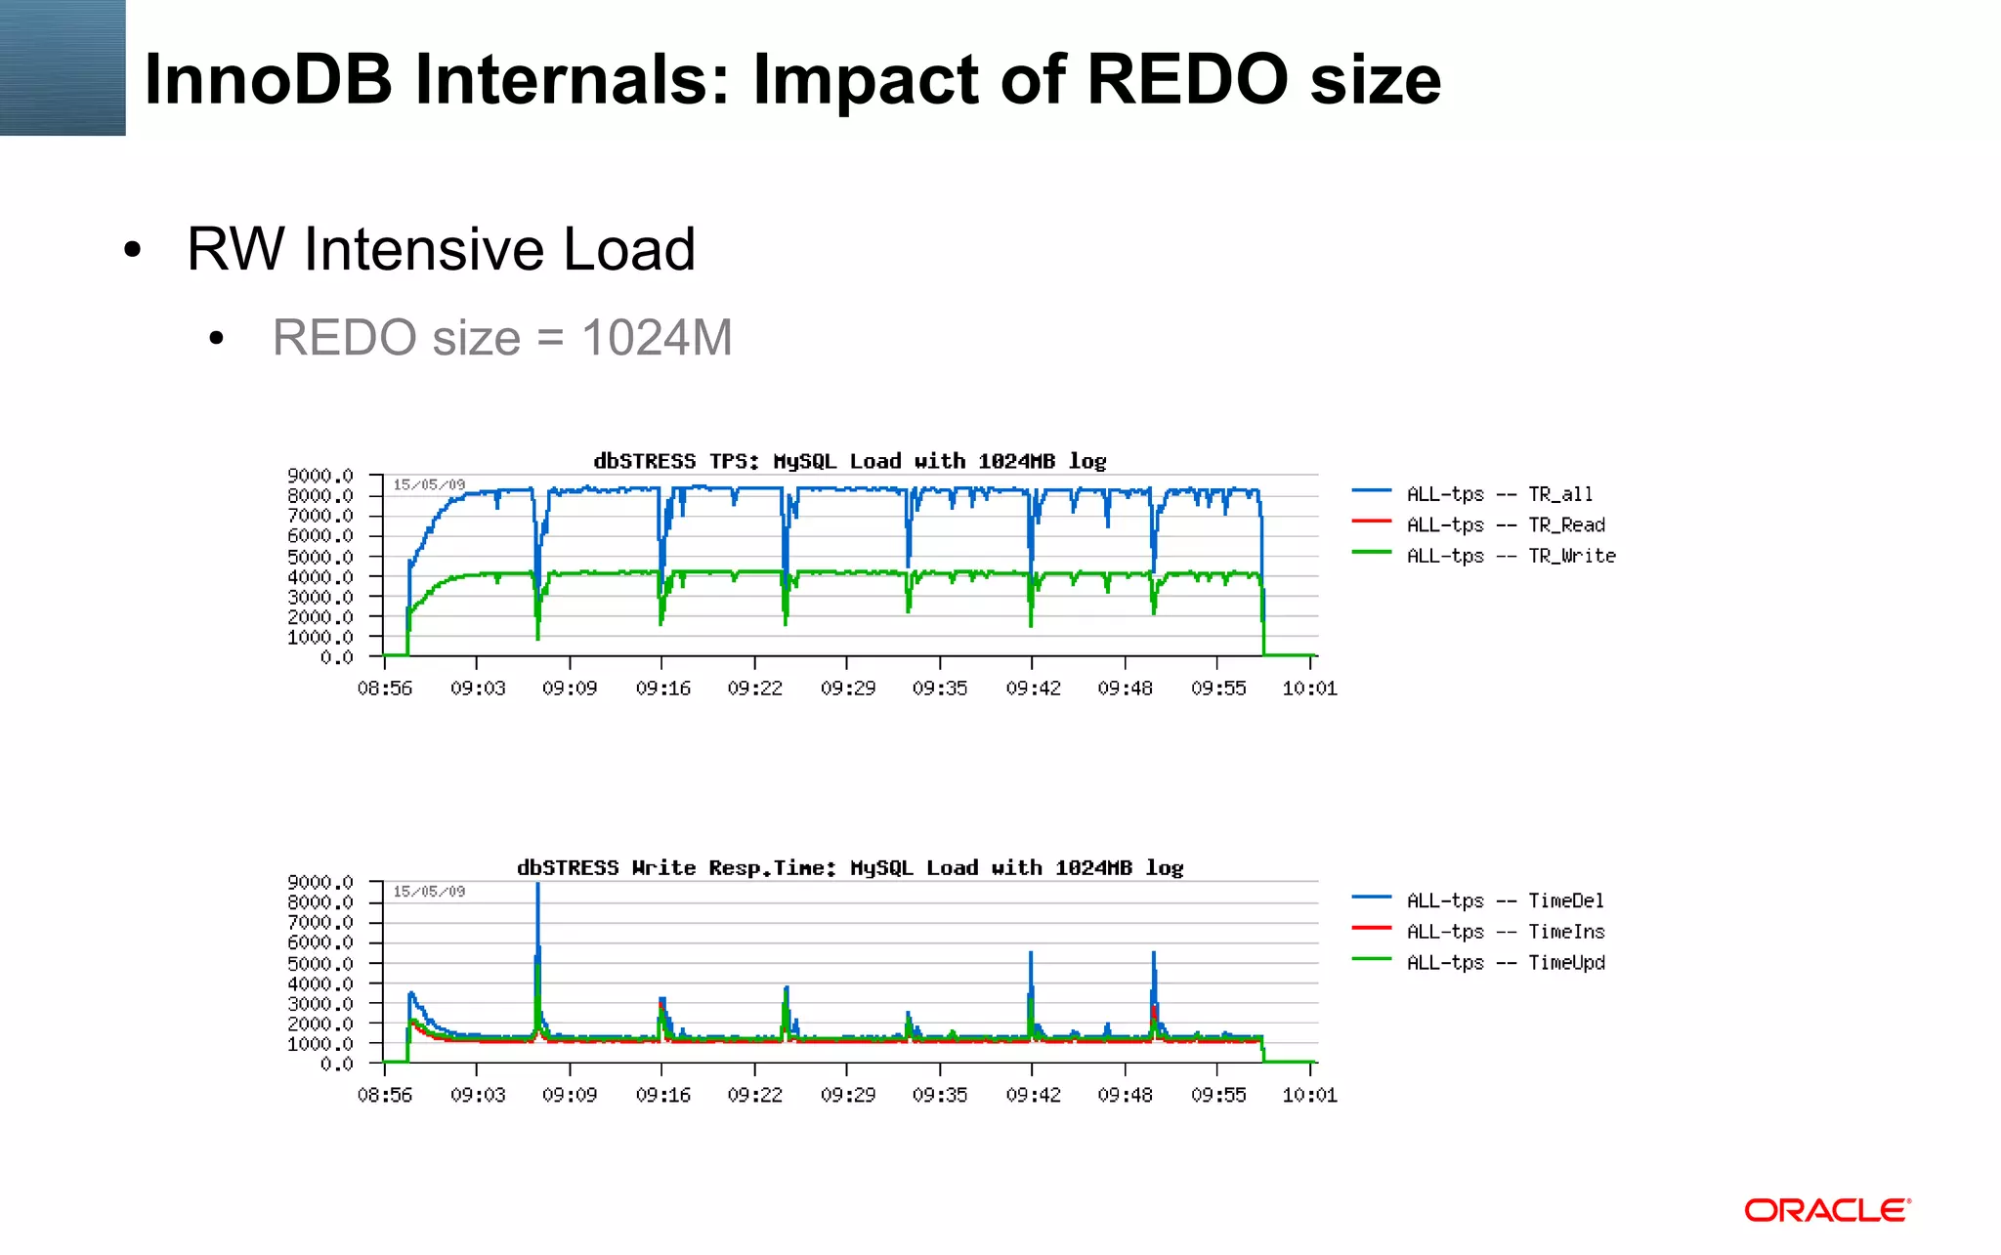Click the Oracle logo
(x=1827, y=1211)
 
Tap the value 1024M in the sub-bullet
(x=657, y=338)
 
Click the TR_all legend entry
(x=1499, y=494)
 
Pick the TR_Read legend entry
(x=1505, y=525)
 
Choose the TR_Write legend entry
(x=1511, y=556)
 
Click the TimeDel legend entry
(x=1505, y=900)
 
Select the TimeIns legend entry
(x=1505, y=932)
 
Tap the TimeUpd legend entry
(x=1505, y=963)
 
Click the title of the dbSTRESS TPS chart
(x=849, y=461)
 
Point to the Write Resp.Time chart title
(x=849, y=867)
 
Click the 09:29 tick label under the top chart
(x=847, y=689)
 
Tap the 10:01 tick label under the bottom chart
(x=1309, y=1096)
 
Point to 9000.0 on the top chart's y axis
(x=319, y=476)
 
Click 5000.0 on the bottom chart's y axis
(x=319, y=963)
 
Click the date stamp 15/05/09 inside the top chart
(x=429, y=484)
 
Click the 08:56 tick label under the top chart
(x=384, y=689)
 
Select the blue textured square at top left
(x=63, y=67)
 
